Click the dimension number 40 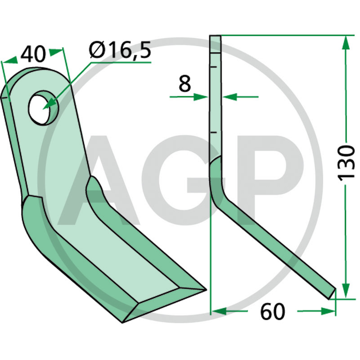[33, 54]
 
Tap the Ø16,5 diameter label [120, 50]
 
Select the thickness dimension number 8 [184, 84]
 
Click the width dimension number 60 [273, 312]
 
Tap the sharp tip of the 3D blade [205, 290]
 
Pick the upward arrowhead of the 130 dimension [346, 43]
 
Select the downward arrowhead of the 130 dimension [346, 291]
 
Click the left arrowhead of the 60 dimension [219, 311]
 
